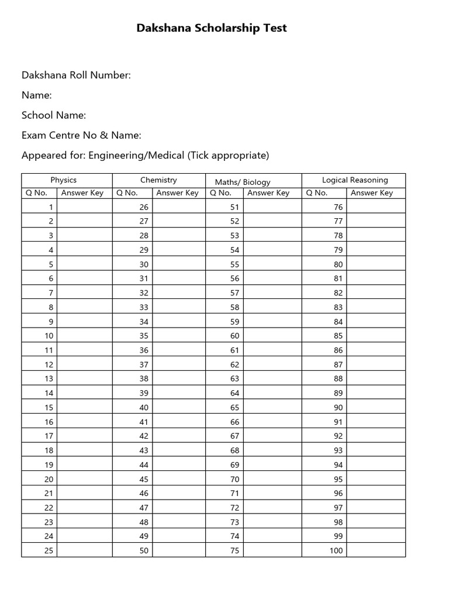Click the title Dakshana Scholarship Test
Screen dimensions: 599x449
click(212, 28)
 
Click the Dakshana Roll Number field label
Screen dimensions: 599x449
click(76, 75)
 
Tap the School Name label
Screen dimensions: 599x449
click(54, 115)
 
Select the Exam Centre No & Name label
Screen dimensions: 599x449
click(81, 135)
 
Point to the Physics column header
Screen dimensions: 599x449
click(63, 180)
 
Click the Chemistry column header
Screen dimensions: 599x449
click(158, 180)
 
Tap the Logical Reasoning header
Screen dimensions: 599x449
click(355, 180)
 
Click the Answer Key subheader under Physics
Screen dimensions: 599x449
click(82, 193)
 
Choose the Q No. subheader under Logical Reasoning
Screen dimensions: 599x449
click(316, 193)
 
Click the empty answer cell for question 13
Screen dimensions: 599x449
click(84, 378)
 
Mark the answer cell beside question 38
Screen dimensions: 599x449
click(179, 378)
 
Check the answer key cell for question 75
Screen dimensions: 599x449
click(272, 550)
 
